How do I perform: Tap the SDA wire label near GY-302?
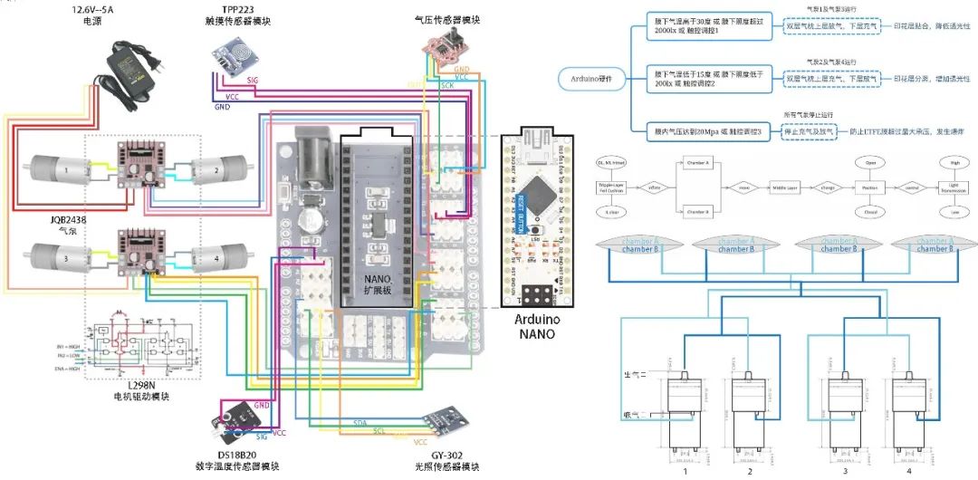(360, 423)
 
